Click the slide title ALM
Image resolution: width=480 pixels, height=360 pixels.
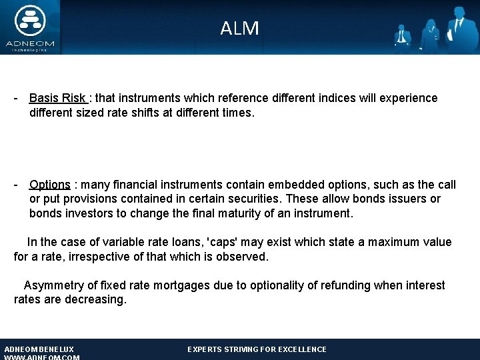(239, 28)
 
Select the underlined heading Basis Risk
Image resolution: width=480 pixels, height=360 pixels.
(57, 98)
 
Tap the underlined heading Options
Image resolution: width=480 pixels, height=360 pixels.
(50, 185)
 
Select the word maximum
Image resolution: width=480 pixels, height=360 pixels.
(393, 242)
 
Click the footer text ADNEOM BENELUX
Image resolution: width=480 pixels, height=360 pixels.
(39, 349)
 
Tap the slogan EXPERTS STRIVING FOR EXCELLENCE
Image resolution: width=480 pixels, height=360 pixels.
(257, 349)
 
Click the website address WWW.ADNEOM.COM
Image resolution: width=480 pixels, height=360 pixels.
(42, 357)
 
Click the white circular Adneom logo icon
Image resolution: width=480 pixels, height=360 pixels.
(30, 21)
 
